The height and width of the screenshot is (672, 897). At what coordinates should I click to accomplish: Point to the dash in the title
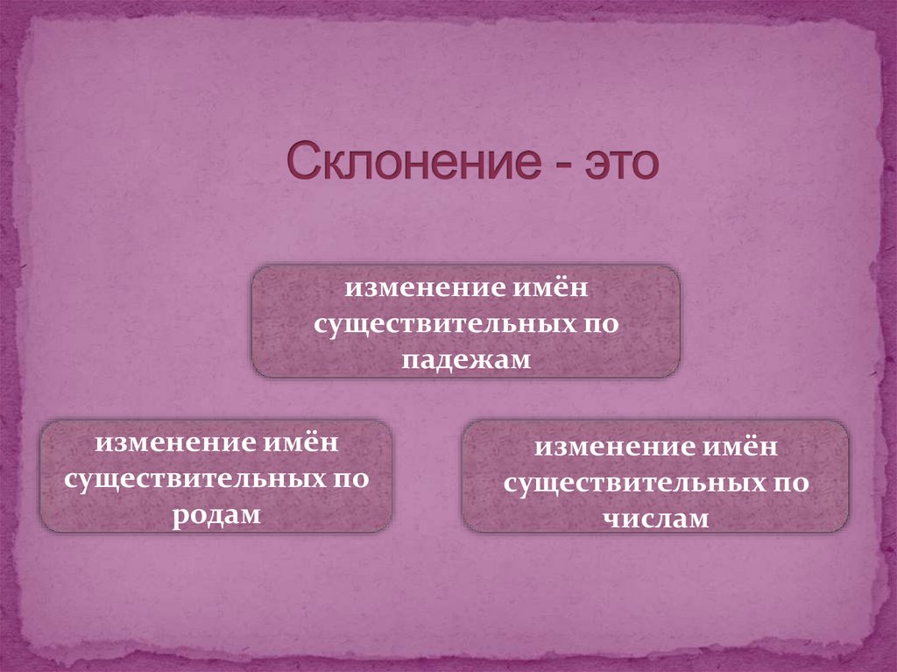[x=548, y=166]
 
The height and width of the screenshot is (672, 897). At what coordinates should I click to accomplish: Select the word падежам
[x=467, y=360]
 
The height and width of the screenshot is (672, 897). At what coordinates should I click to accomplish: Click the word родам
[x=216, y=515]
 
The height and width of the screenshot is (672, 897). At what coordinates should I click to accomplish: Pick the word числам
[x=655, y=518]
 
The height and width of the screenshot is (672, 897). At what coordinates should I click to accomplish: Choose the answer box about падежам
[x=466, y=322]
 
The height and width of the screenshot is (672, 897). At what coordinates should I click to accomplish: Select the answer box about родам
[x=216, y=477]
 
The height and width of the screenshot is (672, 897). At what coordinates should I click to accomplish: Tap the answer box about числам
[x=655, y=477]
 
